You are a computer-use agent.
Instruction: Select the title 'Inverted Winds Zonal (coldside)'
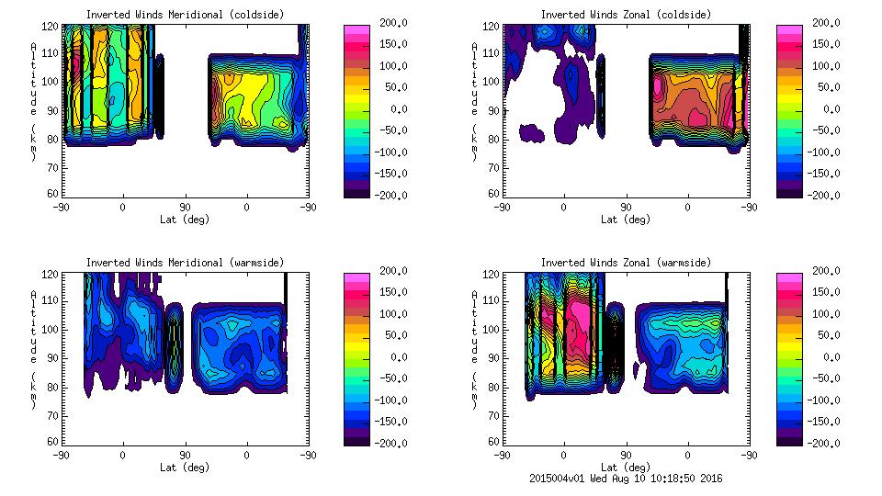coord(626,15)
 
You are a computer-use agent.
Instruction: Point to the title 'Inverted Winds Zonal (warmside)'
coord(626,263)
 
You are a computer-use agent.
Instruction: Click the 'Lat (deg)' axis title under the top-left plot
coord(185,220)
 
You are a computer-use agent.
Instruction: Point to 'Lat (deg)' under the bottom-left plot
coord(185,468)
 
